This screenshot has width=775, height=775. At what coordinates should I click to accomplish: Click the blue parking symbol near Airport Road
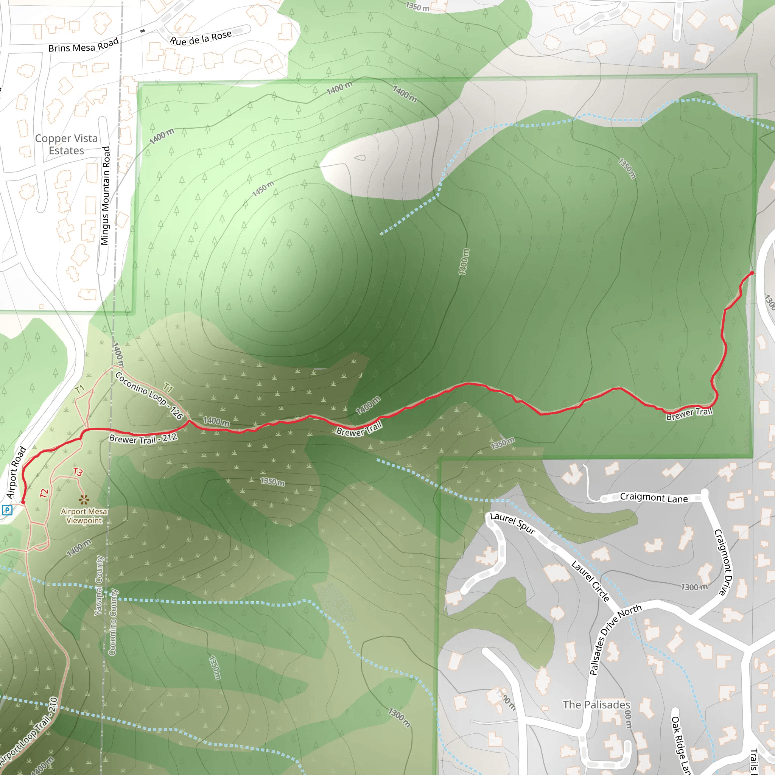[x=7, y=510]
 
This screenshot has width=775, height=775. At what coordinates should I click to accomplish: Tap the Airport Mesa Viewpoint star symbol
[x=83, y=500]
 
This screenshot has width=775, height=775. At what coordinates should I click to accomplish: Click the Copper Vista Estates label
[x=66, y=145]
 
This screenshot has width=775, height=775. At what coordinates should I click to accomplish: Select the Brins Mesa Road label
[x=83, y=45]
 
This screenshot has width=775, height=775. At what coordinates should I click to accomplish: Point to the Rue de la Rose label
[x=201, y=38]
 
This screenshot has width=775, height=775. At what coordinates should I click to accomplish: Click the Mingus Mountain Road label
[x=105, y=196]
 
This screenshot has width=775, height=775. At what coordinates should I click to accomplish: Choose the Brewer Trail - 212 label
[x=143, y=439]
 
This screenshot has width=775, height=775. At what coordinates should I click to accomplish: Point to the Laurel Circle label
[x=590, y=581]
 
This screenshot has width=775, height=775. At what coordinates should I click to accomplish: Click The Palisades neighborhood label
[x=596, y=704]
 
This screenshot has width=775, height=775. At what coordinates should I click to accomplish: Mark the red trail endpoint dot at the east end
[x=752, y=273]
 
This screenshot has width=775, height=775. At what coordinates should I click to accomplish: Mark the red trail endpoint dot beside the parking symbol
[x=23, y=502]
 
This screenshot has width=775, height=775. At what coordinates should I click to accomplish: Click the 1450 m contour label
[x=263, y=188]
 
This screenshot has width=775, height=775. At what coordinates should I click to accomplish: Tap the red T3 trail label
[x=78, y=472]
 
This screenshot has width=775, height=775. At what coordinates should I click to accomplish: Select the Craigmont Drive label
[x=723, y=562]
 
